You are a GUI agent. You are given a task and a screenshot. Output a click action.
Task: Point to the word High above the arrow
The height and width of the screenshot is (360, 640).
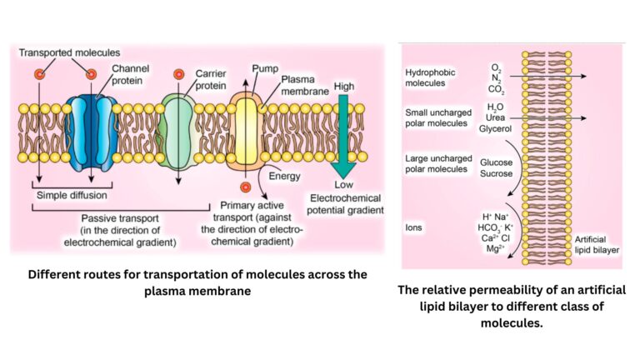(x=342, y=86)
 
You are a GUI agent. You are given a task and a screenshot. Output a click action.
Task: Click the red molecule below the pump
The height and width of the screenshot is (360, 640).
(x=245, y=187)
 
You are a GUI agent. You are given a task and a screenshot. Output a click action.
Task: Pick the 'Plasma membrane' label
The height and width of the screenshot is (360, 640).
(x=303, y=84)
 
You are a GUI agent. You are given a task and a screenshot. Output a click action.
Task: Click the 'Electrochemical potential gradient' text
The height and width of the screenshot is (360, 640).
(x=345, y=204)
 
